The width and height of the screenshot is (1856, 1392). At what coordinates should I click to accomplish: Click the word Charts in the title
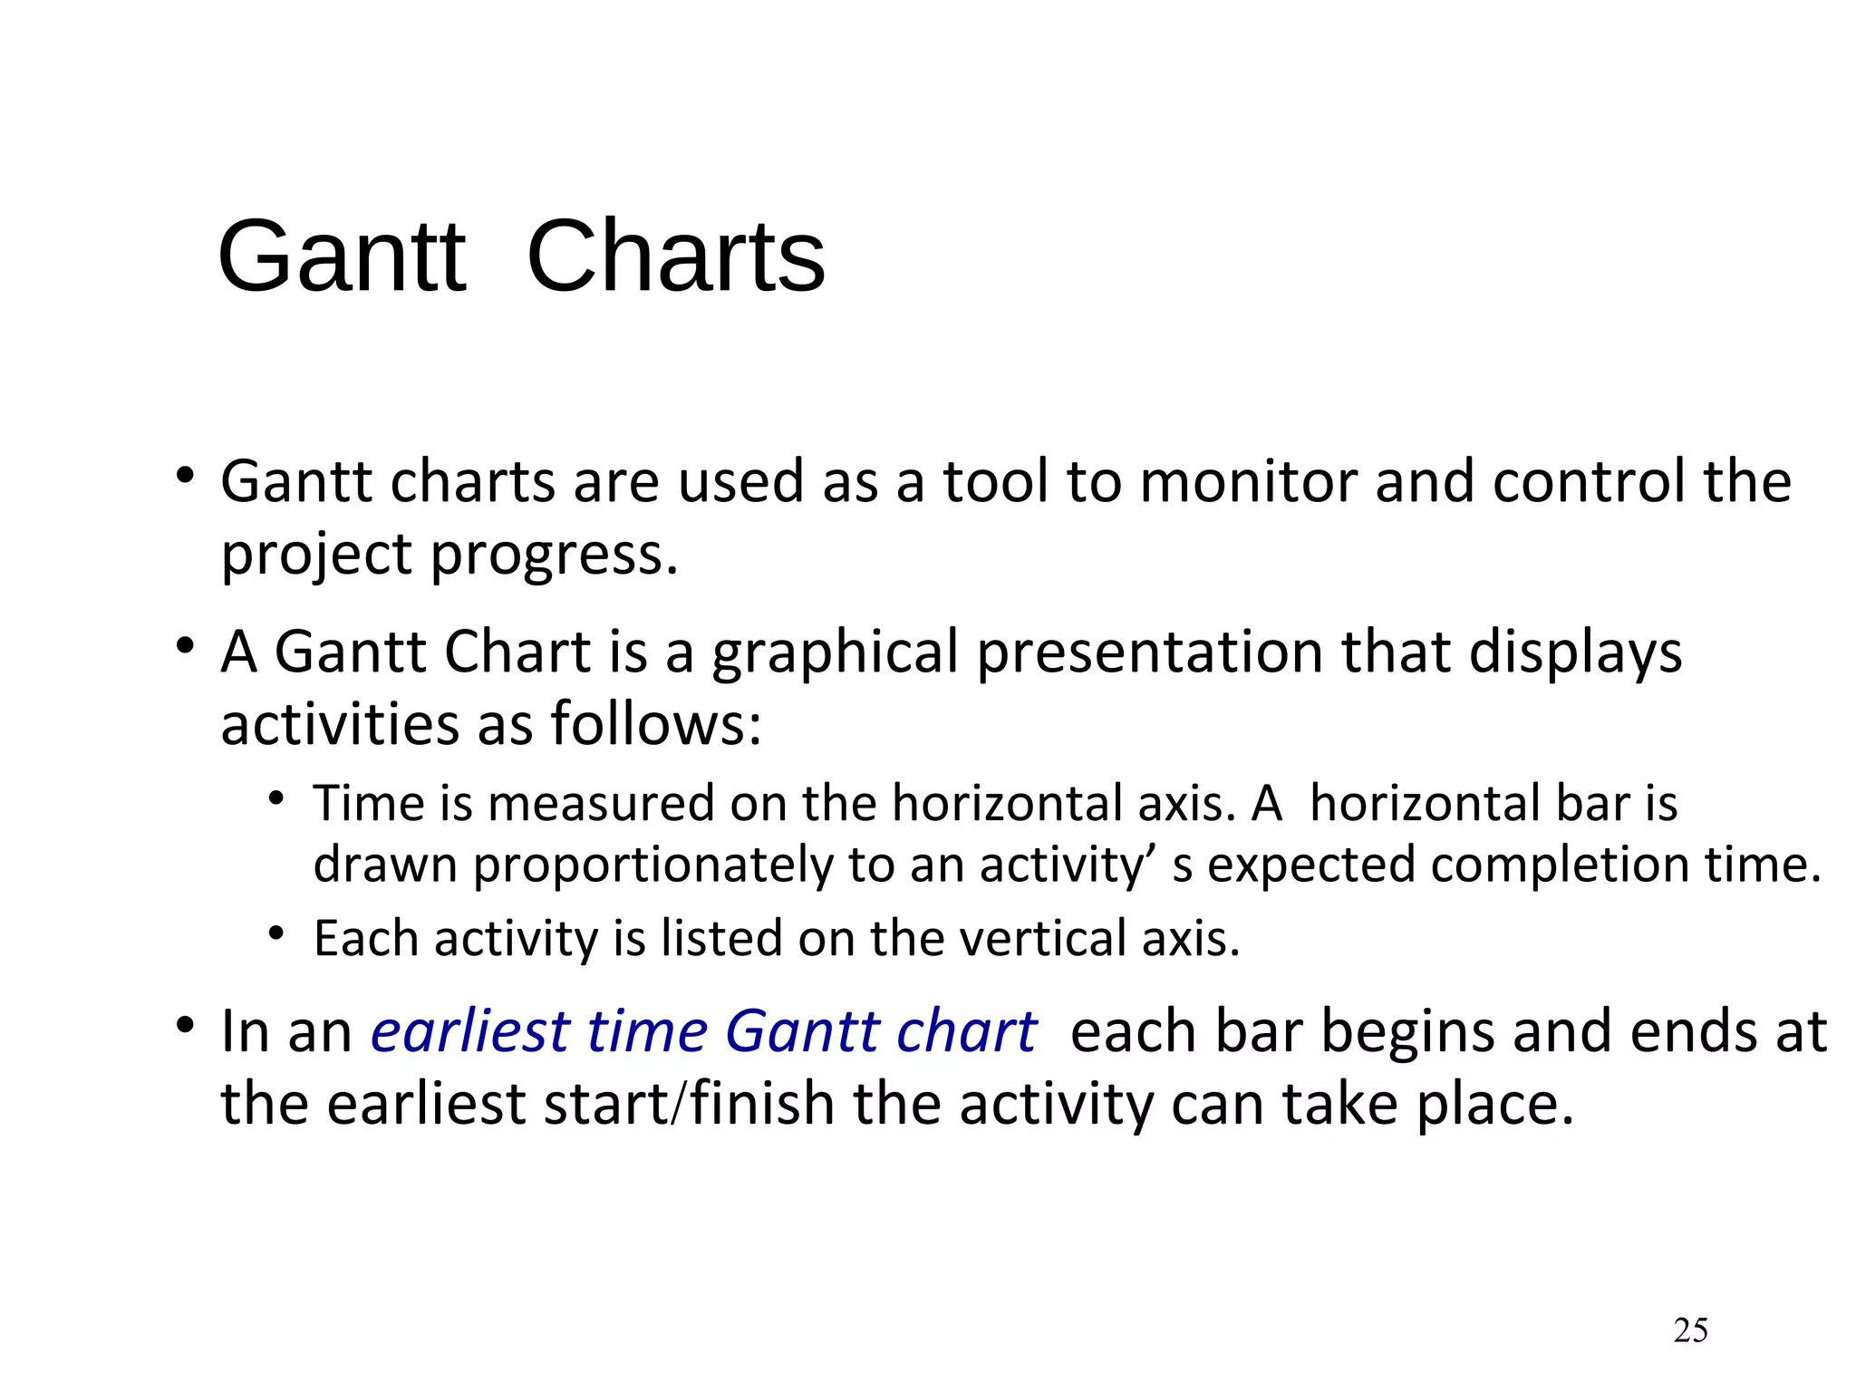675,257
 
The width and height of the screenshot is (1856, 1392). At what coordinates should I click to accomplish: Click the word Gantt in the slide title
342,257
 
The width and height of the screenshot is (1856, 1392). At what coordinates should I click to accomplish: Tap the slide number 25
1690,1330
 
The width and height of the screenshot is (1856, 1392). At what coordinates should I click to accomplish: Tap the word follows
655,725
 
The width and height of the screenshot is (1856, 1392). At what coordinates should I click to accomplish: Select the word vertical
1042,939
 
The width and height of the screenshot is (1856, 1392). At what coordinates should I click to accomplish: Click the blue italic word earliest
469,1032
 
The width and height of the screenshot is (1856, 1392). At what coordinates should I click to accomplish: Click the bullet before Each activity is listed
276,933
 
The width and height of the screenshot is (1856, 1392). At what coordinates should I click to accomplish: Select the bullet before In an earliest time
186,1027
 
